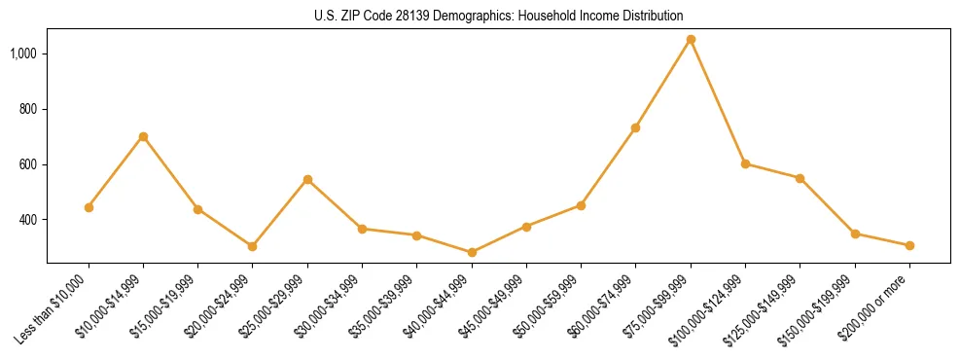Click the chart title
pos(498,16)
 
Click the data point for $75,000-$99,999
pos(691,40)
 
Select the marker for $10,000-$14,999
pos(143,136)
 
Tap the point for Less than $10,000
pos(89,207)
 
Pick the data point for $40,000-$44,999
pos(472,252)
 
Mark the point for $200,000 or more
pos(909,245)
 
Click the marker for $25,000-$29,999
pos(307,179)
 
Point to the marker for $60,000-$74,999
pos(635,127)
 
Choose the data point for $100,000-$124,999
pos(745,163)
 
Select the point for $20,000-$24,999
pos(253,246)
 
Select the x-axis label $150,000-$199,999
pos(823,307)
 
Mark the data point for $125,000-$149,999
pos(800,178)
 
